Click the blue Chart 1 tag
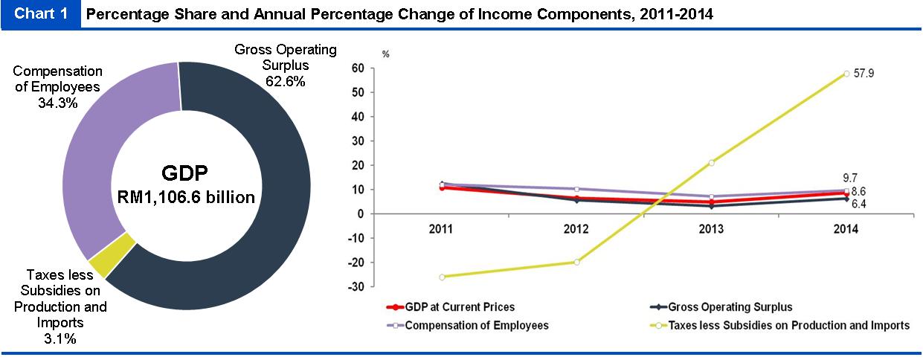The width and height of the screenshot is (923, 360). click(x=40, y=14)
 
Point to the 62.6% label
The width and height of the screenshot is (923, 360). click(x=285, y=82)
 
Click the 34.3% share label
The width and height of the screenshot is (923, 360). click(x=57, y=103)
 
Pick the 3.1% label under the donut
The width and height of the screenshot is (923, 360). click(x=60, y=339)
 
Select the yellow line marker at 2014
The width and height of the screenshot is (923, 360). click(x=846, y=74)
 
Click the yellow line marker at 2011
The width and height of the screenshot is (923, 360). click(x=443, y=277)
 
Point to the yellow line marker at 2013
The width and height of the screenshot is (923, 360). click(x=712, y=162)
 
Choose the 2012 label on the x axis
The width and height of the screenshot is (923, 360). click(x=576, y=229)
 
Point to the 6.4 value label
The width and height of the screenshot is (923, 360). click(x=859, y=204)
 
